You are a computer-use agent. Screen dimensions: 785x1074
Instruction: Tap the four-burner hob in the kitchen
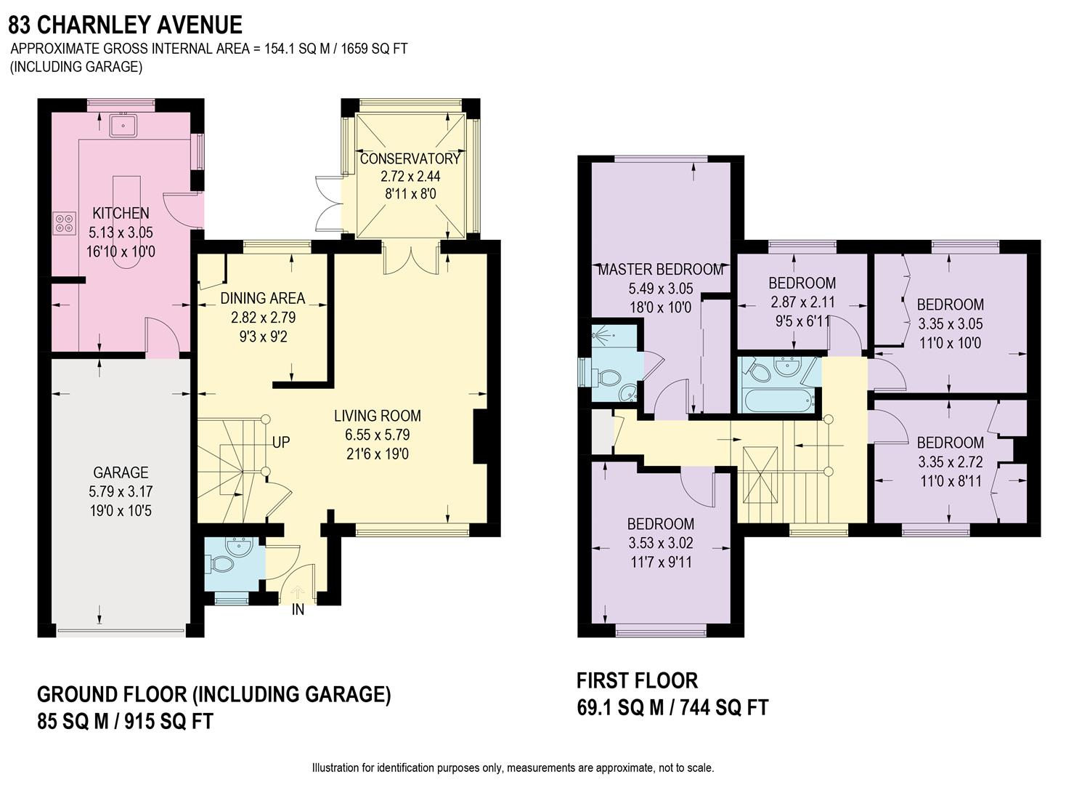click(x=63, y=222)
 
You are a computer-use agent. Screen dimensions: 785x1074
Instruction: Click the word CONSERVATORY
click(x=410, y=158)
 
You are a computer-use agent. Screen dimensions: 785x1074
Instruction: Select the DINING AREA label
click(x=263, y=298)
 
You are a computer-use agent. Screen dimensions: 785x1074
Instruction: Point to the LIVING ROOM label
click(x=378, y=416)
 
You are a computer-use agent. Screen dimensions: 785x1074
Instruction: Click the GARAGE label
click(x=121, y=472)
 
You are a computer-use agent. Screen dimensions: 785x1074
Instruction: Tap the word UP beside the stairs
click(x=281, y=442)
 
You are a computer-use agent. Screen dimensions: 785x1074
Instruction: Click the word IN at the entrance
click(x=298, y=611)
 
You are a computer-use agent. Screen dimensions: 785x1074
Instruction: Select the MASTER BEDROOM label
click(x=661, y=270)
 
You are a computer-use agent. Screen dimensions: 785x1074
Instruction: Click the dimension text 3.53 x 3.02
click(x=661, y=542)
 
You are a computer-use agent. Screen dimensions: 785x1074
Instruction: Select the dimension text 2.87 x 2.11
click(x=802, y=302)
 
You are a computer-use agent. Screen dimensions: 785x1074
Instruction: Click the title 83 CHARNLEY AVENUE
click(x=125, y=25)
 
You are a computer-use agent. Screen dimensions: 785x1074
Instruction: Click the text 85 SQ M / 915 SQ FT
click(x=125, y=722)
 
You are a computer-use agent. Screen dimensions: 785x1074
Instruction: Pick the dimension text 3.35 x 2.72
click(x=950, y=462)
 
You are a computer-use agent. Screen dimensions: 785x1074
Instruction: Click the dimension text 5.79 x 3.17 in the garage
click(x=121, y=492)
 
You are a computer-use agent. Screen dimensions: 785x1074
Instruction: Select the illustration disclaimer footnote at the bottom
click(x=513, y=768)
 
